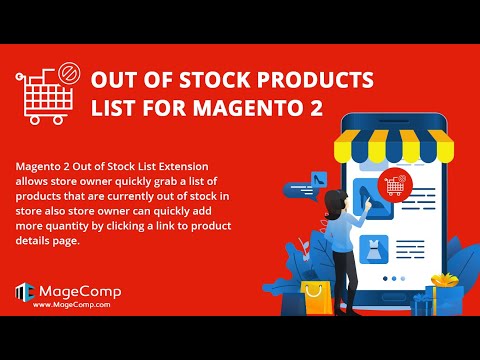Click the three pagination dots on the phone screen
(398, 279)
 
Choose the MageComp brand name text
(80, 291)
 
